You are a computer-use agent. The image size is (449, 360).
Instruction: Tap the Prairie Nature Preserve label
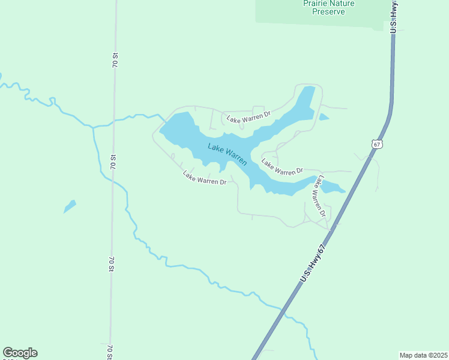tap(328, 7)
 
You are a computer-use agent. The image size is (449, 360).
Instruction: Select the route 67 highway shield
tap(376, 144)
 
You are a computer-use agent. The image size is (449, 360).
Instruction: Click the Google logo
tap(20, 353)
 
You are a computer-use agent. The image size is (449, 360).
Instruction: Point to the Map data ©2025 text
tap(423, 355)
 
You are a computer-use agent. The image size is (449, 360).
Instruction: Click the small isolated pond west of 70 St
tap(70, 206)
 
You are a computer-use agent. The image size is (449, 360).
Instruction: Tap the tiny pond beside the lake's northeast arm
tap(324, 117)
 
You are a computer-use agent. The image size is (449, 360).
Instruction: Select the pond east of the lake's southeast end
tap(332, 187)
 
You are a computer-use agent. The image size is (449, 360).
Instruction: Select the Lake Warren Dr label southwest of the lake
tap(205, 178)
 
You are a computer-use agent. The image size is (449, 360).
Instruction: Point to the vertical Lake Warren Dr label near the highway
tap(318, 196)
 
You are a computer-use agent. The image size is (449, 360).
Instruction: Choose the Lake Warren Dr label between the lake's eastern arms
tap(282, 167)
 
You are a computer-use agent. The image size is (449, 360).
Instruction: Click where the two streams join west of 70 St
tap(92, 127)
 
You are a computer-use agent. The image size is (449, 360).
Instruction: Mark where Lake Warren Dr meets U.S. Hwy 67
tap(330, 229)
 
